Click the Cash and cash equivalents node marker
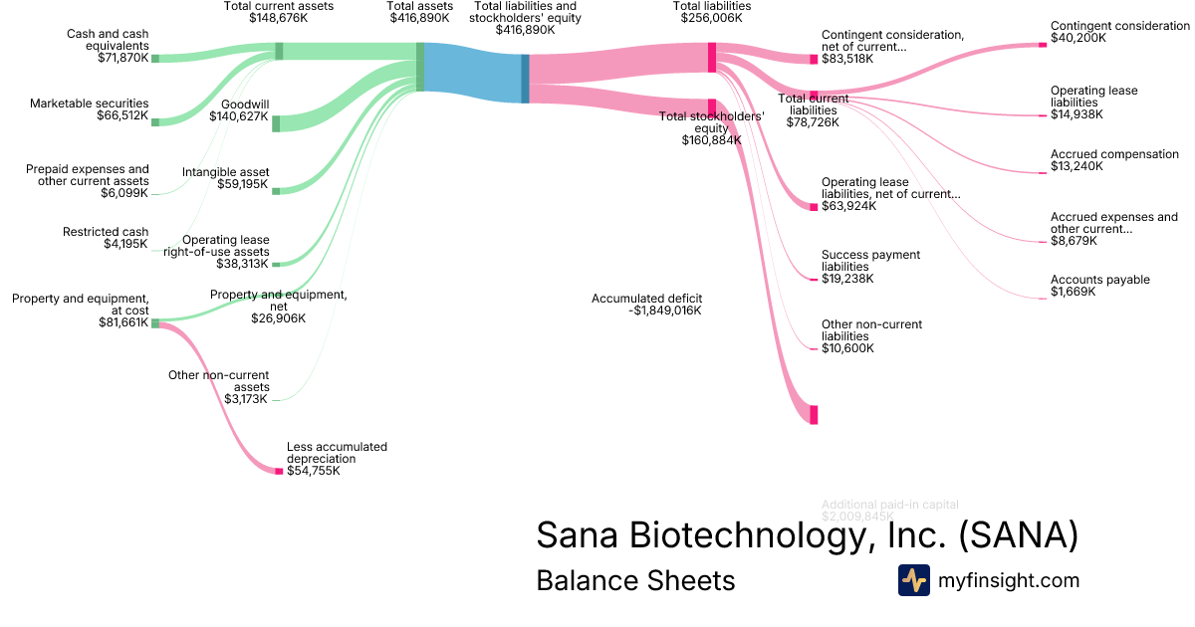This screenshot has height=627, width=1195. pos(155,59)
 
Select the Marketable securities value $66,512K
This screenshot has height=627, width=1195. pos(116,116)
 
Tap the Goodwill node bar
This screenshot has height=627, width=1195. pos(276,123)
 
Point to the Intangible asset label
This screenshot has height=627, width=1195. pos(225,172)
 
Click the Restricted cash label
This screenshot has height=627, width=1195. pos(106,232)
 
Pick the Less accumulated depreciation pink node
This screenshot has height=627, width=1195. pos(279,471)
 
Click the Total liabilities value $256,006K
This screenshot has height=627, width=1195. pos(712,18)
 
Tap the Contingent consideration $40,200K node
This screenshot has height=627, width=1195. pos(1043,44)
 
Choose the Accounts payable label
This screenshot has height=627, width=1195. pos(1099,280)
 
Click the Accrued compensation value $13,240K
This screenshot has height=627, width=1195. pos(1076,166)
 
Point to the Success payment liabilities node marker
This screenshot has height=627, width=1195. pos(814,279)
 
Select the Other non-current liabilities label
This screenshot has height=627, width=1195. pos(871,330)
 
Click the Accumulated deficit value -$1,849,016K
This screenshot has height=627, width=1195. pos(665,311)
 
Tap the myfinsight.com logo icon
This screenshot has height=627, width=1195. pos(913,580)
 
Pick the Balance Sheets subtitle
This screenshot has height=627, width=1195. pos(635,580)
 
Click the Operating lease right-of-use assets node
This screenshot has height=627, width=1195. pos(276,264)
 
